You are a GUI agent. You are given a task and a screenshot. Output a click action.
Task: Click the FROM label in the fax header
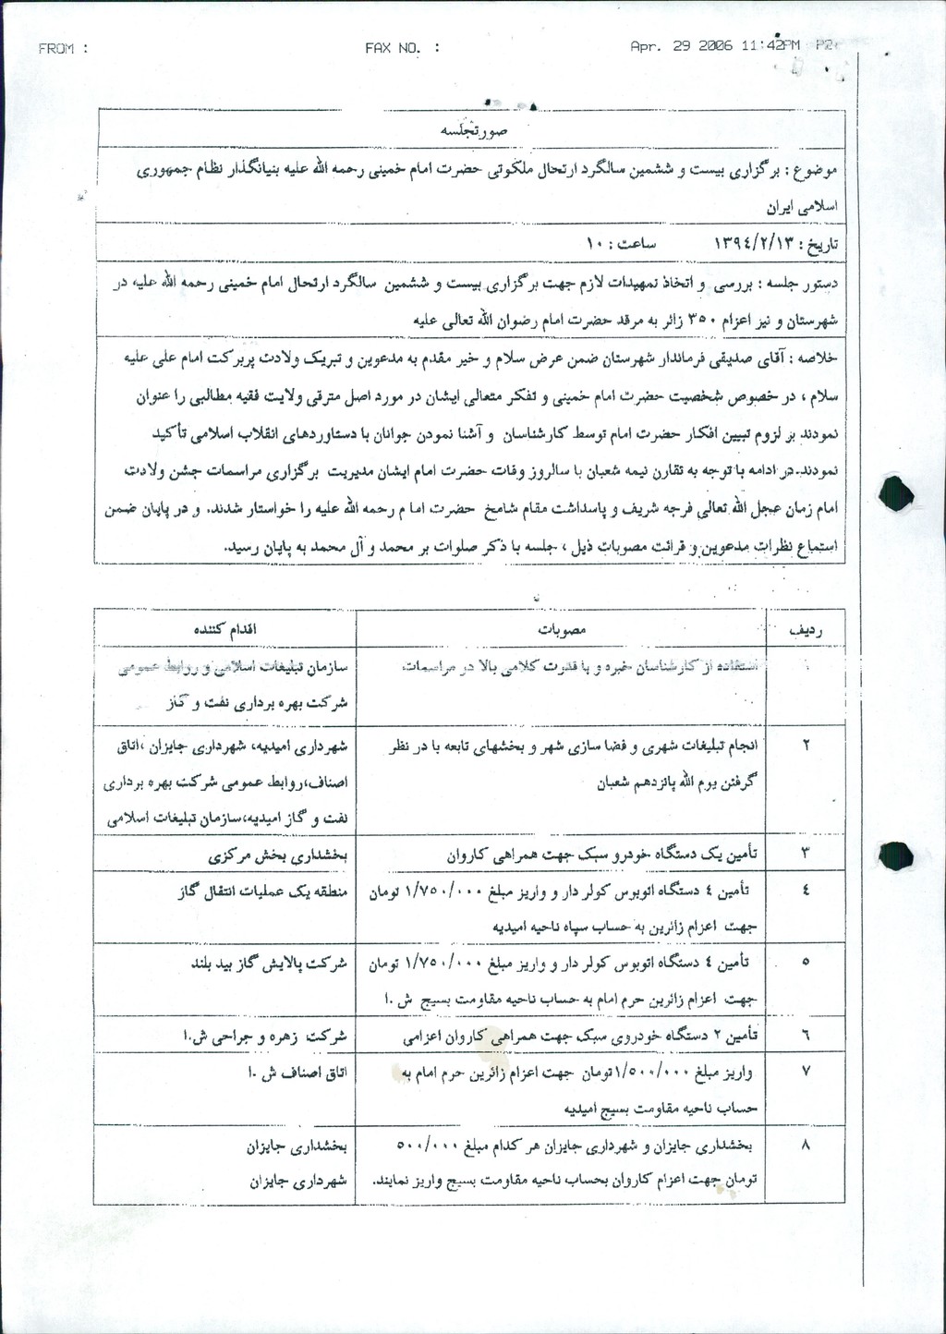pyautogui.click(x=63, y=49)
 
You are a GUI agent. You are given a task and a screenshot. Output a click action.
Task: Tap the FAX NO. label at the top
pyautogui.click(x=403, y=48)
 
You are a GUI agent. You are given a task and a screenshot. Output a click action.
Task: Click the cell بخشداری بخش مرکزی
pyautogui.click(x=277, y=855)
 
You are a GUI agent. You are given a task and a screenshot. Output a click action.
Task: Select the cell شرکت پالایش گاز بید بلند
pyautogui.click(x=269, y=963)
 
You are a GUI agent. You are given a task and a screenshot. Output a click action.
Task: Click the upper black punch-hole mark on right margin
pyautogui.click(x=898, y=493)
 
